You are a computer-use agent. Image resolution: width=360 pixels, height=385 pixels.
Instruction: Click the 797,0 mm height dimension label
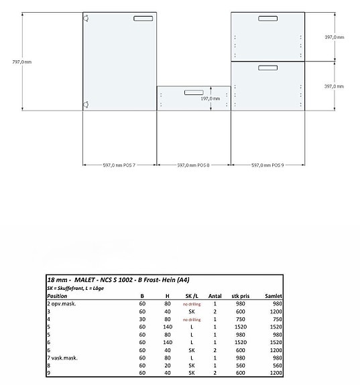point(22,62)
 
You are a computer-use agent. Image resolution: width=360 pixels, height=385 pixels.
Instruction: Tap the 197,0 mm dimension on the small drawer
point(211,98)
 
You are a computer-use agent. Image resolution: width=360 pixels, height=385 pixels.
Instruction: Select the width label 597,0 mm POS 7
point(119,165)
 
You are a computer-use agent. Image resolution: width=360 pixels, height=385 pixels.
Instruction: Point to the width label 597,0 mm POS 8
point(193,165)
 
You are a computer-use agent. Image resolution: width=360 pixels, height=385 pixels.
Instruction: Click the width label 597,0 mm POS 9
point(267,165)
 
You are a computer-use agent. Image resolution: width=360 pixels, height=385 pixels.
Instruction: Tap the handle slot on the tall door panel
point(143,19)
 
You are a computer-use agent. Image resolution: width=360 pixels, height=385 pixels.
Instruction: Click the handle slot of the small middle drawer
point(194,92)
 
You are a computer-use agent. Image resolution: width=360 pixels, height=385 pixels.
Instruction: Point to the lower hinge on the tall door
point(86,103)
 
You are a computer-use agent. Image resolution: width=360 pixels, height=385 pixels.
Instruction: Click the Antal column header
point(215,295)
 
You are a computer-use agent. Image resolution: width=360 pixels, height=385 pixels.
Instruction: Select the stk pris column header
point(241,295)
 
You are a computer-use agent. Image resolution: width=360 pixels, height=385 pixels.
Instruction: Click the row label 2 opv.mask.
point(63,303)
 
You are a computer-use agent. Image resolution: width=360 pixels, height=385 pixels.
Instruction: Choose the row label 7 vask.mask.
point(64,358)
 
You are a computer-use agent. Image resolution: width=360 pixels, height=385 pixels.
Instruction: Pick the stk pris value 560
point(242,366)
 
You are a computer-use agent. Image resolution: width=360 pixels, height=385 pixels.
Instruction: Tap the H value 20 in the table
point(166,366)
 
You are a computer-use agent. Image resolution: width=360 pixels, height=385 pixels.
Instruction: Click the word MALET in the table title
point(88,279)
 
